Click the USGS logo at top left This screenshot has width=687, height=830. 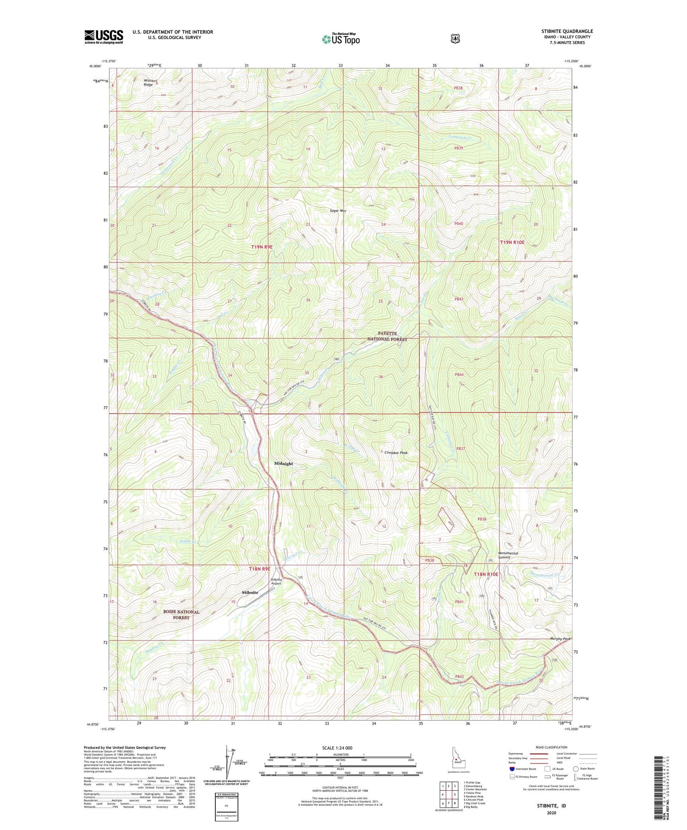point(104,37)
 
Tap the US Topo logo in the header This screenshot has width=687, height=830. point(341,39)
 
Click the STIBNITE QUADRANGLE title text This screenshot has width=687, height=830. point(567,31)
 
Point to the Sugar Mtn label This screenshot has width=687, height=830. point(338,211)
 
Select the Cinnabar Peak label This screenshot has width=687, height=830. point(396,452)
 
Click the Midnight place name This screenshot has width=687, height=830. point(284,463)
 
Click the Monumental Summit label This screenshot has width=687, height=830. point(508,555)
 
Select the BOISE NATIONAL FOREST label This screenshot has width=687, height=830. point(181,614)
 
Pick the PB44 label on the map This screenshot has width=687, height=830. point(459,374)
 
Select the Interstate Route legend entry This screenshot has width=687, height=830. point(523,769)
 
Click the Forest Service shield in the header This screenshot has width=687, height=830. point(455,39)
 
